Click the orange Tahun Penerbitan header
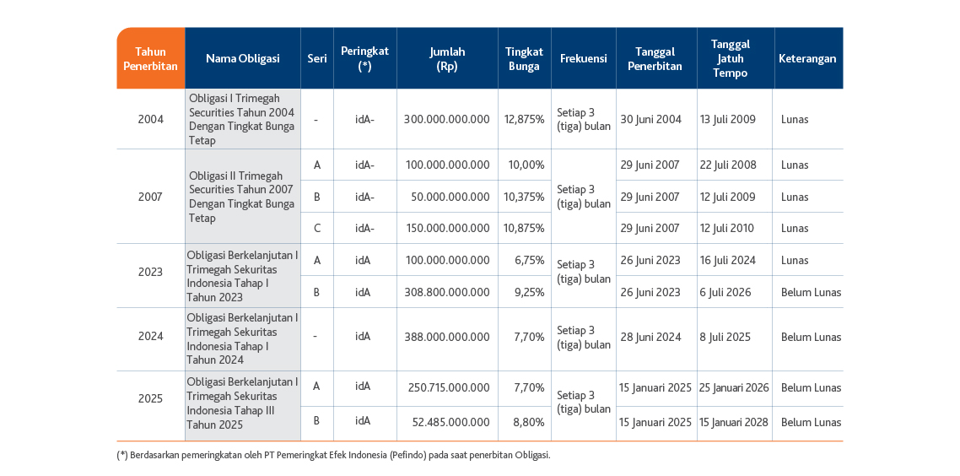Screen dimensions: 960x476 (151, 58)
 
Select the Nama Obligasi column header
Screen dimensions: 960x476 (242, 58)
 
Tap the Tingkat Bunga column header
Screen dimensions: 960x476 (525, 58)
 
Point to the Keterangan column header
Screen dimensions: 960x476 (807, 58)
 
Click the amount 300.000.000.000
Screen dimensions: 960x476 (447, 120)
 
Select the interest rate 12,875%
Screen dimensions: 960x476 (525, 120)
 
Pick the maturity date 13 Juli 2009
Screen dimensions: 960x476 (728, 120)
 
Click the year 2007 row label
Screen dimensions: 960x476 (151, 197)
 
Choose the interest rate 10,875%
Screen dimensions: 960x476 (525, 229)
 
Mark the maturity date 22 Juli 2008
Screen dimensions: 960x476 (728, 165)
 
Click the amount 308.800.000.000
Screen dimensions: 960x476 (447, 292)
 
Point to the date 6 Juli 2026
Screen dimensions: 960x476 (725, 292)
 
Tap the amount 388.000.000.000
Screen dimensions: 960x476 (447, 337)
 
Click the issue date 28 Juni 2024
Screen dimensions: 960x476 (650, 337)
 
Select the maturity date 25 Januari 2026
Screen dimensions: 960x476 (735, 387)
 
